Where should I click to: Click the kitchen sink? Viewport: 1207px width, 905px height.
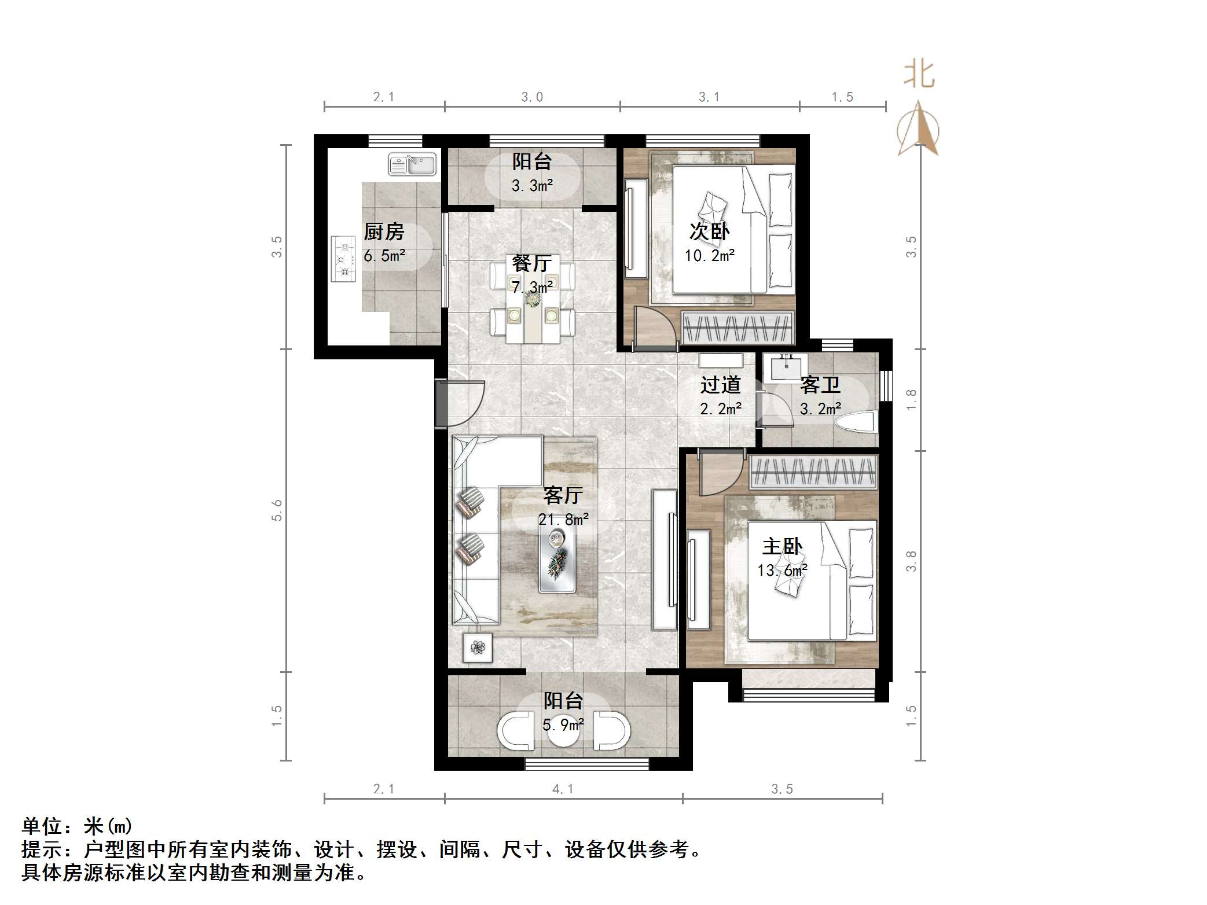tap(412, 164)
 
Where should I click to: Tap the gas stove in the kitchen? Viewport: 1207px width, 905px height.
tap(343, 259)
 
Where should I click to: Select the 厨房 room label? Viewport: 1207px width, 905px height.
tap(384, 232)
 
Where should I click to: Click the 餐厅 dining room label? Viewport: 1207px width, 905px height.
tap(531, 264)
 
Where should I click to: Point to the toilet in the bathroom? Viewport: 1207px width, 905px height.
tap(856, 421)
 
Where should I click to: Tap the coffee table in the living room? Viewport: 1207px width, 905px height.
tap(557, 560)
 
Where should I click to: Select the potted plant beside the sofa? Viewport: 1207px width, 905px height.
tap(478, 648)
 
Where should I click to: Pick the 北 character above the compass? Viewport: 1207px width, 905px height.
tap(919, 75)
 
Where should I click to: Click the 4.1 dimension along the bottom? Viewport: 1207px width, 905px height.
tap(563, 789)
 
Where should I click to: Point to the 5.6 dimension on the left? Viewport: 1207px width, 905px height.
tap(277, 510)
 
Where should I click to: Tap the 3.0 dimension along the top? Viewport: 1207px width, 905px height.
tap(532, 97)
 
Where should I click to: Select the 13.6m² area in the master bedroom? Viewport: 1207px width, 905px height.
tap(783, 571)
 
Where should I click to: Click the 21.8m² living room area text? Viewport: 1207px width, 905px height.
tap(563, 520)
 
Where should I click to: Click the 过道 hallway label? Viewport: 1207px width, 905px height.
tap(720, 385)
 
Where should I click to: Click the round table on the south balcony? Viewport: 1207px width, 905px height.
tap(563, 731)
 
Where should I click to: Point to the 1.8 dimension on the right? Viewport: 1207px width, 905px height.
tap(911, 400)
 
